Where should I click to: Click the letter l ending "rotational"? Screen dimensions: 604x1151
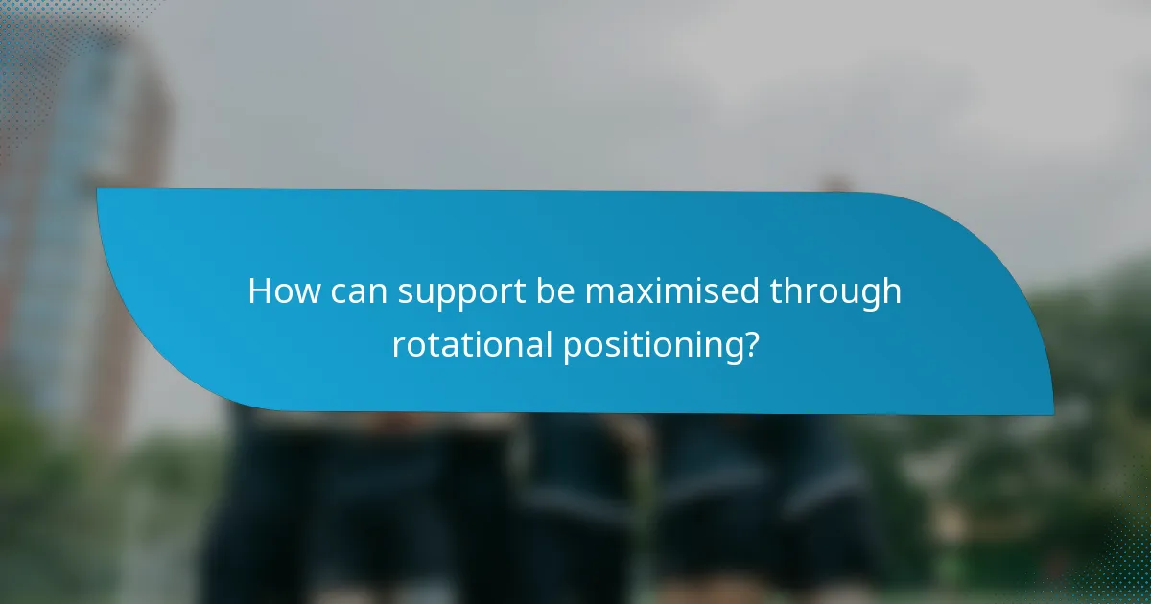click(549, 343)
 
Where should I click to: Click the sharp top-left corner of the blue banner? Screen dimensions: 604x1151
click(98, 189)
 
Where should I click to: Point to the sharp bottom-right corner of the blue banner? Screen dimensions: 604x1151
click(1052, 414)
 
